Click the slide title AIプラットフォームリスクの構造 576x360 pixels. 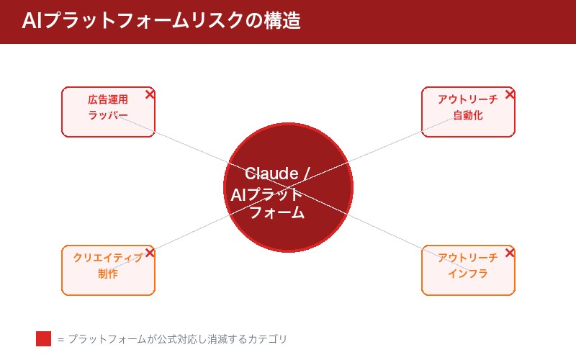pyautogui.click(x=161, y=21)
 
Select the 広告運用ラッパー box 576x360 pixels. pyautogui.click(x=108, y=112)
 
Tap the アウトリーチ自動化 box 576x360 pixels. pyautogui.click(x=468, y=112)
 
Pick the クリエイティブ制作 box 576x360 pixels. pyautogui.click(x=108, y=270)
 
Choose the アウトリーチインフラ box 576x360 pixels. pyautogui.click(x=468, y=270)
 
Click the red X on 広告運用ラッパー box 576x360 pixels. pyautogui.click(x=150, y=94)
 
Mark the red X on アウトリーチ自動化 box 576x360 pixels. pyautogui.click(x=510, y=94)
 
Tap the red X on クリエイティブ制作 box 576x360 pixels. pyautogui.click(x=150, y=253)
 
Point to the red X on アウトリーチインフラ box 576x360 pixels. pyautogui.click(x=510, y=253)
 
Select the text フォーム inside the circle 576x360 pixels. pyautogui.click(x=277, y=213)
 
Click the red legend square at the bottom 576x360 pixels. pyautogui.click(x=43, y=338)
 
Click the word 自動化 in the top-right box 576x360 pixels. pyautogui.click(x=468, y=115)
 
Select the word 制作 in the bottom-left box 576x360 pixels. pyautogui.click(x=108, y=274)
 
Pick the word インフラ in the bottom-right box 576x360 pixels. pyautogui.click(x=468, y=274)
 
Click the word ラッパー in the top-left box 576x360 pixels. pyautogui.click(x=108, y=115)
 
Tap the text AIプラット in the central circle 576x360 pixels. pyautogui.click(x=267, y=194)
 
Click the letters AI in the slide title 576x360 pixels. pyautogui.click(x=30, y=21)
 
